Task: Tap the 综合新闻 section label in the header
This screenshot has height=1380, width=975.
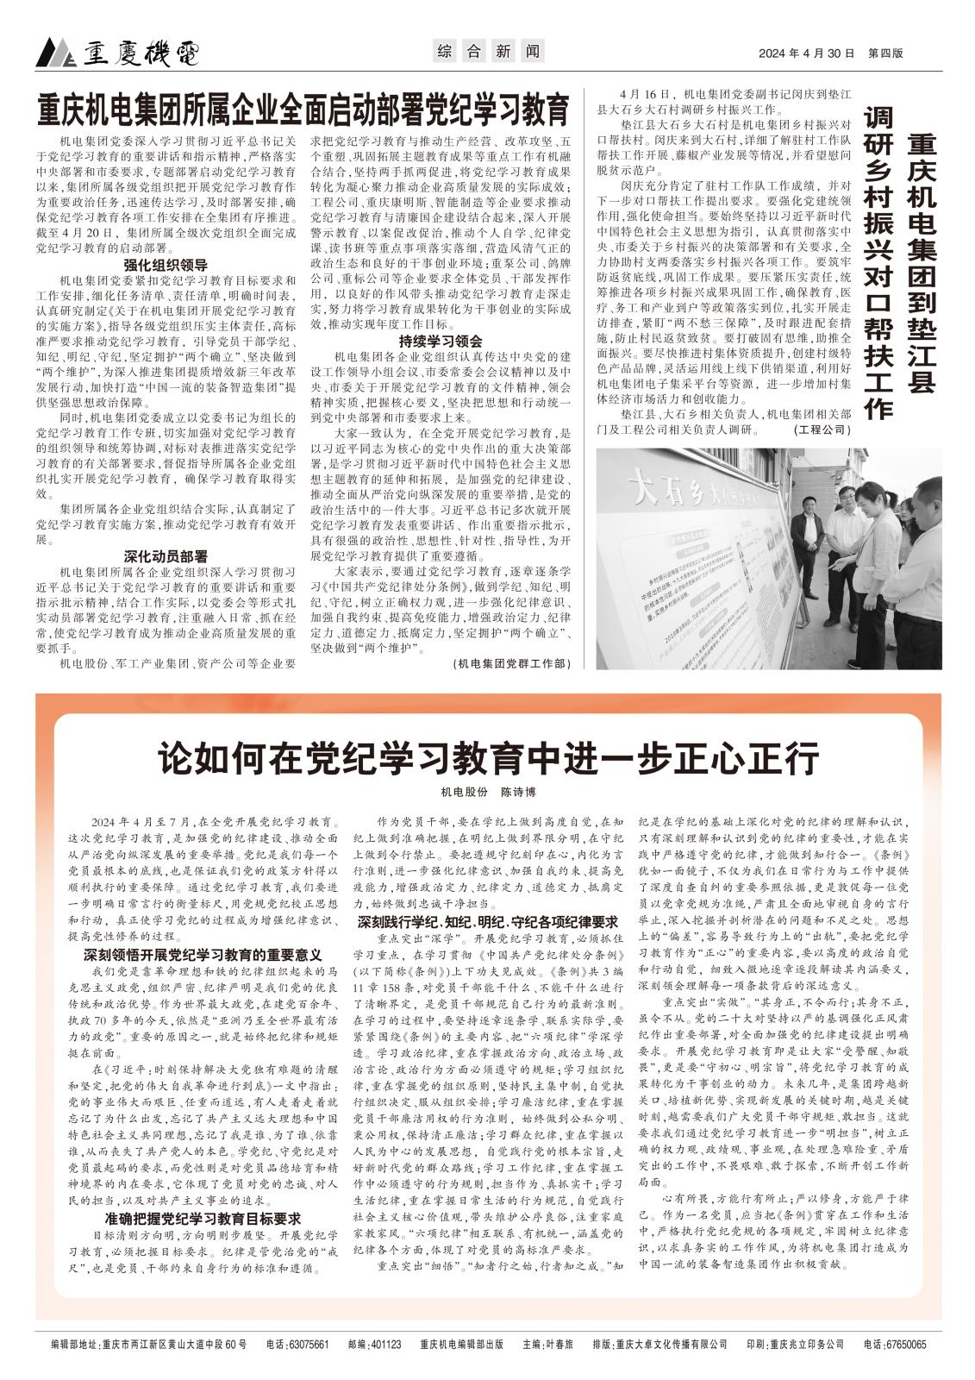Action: point(487,52)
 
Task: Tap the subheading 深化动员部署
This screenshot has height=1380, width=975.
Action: point(166,555)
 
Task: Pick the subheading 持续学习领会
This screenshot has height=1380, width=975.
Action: point(440,341)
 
